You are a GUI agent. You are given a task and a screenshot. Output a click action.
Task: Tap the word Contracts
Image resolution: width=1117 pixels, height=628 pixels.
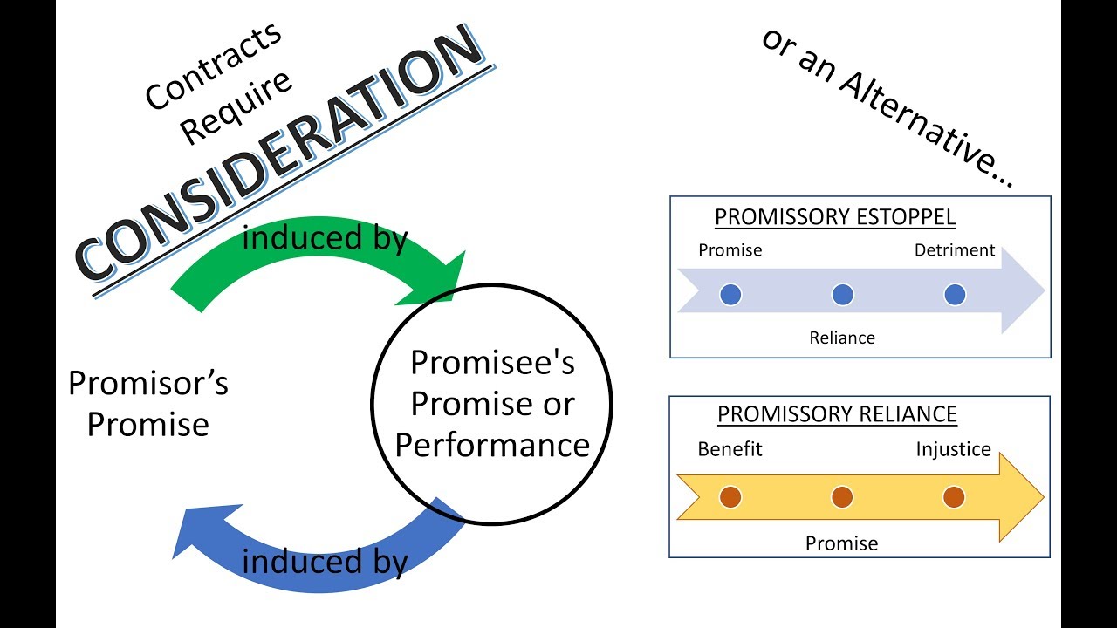click(x=213, y=66)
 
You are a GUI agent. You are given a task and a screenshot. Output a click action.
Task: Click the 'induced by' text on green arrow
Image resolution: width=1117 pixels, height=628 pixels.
click(x=325, y=238)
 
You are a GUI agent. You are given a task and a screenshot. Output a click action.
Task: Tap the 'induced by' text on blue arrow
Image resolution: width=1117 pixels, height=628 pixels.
click(x=325, y=563)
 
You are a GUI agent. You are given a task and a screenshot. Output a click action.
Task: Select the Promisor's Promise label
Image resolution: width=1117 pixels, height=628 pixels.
click(x=148, y=404)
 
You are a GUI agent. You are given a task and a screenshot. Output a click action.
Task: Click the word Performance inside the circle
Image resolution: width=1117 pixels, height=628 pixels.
click(x=492, y=445)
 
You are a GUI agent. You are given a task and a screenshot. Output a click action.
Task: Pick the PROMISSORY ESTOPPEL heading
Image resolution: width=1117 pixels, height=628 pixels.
click(x=835, y=216)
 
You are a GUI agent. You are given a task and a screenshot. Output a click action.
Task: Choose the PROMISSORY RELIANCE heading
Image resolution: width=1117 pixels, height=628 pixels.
click(x=837, y=414)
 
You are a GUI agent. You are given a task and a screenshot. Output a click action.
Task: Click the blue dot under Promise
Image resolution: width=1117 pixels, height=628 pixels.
click(x=730, y=295)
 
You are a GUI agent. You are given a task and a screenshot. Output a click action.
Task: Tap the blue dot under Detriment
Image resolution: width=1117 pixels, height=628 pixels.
click(x=954, y=295)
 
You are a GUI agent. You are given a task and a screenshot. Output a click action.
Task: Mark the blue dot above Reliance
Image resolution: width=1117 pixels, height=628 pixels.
click(x=842, y=295)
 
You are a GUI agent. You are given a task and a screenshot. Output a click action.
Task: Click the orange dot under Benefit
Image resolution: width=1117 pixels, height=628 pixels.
click(x=730, y=497)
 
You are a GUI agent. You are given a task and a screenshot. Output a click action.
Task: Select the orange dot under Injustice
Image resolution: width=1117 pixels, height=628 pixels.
click(x=954, y=497)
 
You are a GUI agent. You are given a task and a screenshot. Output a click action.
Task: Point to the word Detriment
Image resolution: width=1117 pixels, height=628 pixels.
click(x=955, y=250)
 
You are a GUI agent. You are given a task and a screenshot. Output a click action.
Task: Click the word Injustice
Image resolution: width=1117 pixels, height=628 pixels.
click(x=954, y=449)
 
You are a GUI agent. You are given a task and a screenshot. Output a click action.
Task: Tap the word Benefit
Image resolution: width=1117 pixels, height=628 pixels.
click(x=730, y=449)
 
